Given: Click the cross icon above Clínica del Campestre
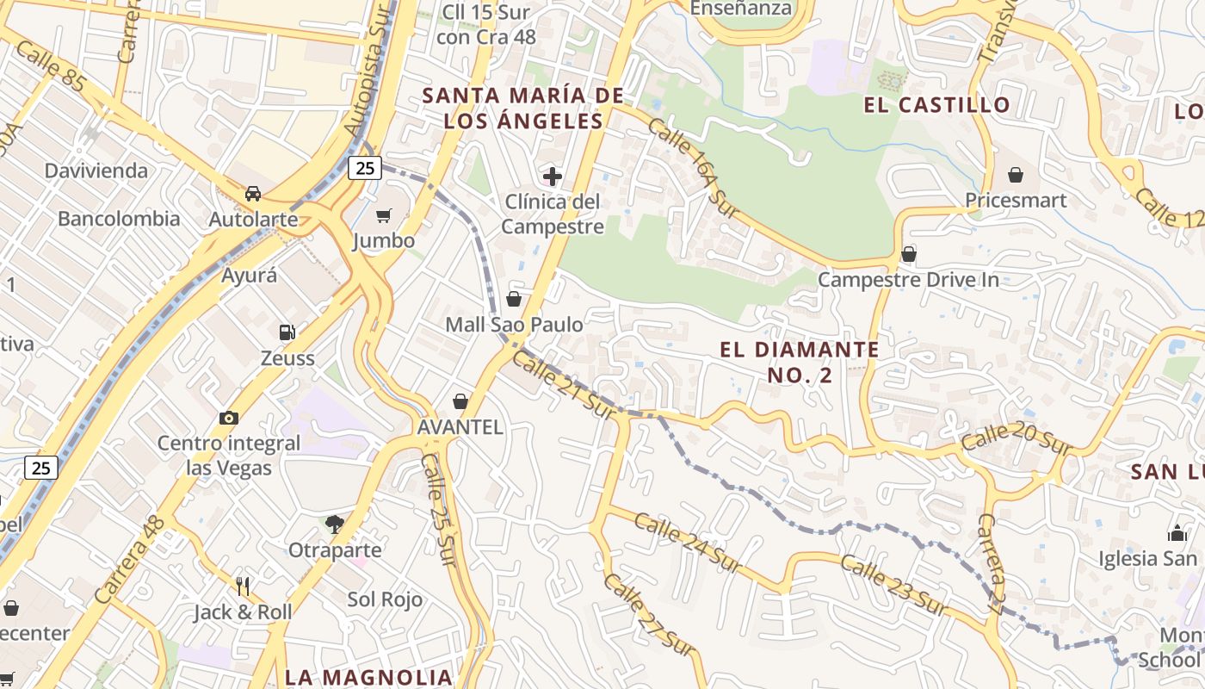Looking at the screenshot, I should tap(553, 177).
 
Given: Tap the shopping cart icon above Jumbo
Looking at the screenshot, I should tap(384, 215).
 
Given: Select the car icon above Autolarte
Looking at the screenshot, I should tap(253, 194).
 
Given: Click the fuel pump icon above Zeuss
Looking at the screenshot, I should tap(287, 332).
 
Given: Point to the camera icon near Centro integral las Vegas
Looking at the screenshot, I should tap(228, 418).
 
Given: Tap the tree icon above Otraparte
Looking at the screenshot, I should tap(335, 524).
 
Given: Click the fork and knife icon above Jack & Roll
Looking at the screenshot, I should tap(243, 587).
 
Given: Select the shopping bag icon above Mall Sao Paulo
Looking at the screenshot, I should tap(514, 299).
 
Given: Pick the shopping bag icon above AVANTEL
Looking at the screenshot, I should tap(460, 401).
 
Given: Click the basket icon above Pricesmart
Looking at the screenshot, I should tap(1016, 175).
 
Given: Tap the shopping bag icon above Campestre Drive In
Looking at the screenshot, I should tap(908, 254).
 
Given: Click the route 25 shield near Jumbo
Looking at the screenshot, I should tap(365, 168).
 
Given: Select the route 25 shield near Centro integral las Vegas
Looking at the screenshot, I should tap(41, 468).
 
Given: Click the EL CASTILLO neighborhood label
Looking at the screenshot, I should tap(937, 105).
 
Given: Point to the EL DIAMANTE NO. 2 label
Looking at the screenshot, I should tap(800, 362).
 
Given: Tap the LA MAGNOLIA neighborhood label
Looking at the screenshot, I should tap(368, 677).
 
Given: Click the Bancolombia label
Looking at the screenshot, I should tap(119, 219).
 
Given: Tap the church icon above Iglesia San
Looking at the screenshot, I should tap(1177, 533).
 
